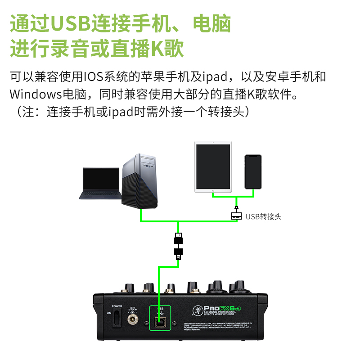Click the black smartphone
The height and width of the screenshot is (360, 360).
[253, 172]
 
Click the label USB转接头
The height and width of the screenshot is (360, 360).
[263, 216]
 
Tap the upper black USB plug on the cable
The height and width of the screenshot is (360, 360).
[179, 237]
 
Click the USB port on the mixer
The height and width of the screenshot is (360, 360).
[159, 321]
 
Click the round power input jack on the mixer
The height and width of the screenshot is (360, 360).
[133, 320]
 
